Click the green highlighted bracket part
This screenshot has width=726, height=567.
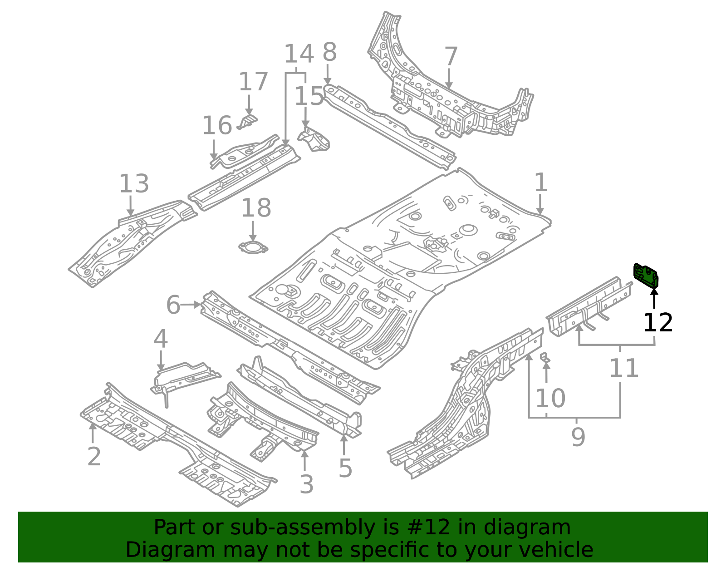(x=646, y=275)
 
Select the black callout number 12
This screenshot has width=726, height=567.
(x=658, y=323)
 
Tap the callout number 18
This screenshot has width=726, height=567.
(x=256, y=208)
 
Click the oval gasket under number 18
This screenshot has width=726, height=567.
(x=253, y=248)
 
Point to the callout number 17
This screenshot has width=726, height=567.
(x=253, y=82)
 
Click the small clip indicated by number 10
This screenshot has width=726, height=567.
(x=545, y=357)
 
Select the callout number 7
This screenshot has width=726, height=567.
(x=450, y=57)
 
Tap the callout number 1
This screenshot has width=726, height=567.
(x=540, y=183)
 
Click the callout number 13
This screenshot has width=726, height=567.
(x=134, y=184)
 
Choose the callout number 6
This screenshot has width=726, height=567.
(x=173, y=305)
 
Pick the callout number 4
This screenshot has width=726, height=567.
(x=160, y=340)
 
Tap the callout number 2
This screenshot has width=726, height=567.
(x=94, y=457)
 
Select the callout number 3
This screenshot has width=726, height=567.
(x=306, y=485)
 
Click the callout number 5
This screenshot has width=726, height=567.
(x=345, y=468)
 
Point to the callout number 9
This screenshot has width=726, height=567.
(x=578, y=437)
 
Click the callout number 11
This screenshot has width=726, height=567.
(x=624, y=368)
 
